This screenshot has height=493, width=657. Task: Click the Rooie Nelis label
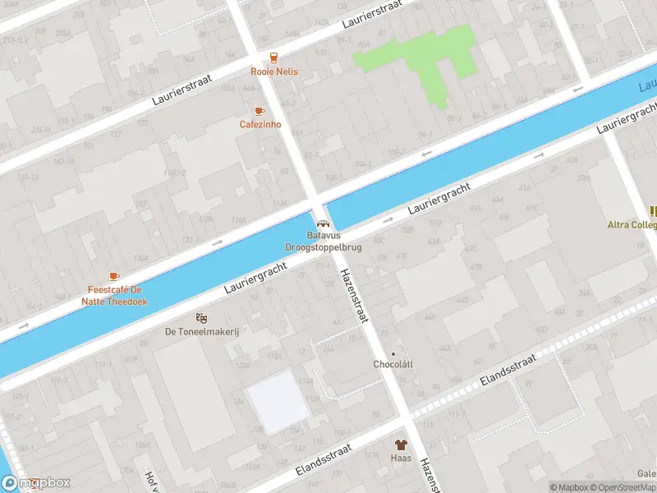(274, 71)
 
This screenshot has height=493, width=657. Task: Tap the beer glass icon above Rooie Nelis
(274, 58)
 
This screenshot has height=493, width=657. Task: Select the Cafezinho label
(260, 125)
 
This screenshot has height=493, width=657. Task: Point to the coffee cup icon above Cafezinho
(260, 111)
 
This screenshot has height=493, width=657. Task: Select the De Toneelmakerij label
(201, 331)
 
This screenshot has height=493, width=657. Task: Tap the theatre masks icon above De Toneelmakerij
(201, 317)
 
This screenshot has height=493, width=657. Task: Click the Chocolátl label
(393, 364)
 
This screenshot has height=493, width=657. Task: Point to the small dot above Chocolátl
(393, 353)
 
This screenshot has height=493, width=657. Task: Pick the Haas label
(401, 458)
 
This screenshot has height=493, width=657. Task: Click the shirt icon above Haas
(402, 445)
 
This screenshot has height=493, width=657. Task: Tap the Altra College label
(632, 224)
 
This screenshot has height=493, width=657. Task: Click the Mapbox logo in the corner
(36, 484)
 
